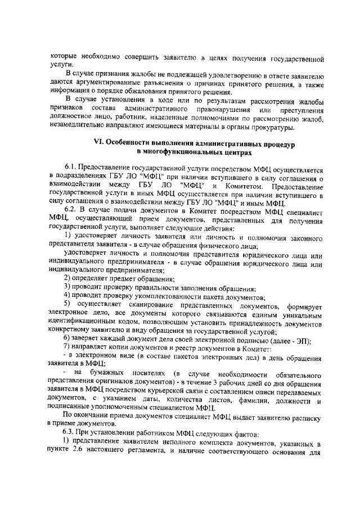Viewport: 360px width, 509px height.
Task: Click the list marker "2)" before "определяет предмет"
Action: pyautogui.click(x=67, y=279)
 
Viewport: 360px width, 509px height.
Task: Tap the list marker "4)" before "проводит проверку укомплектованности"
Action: pyautogui.click(x=67, y=295)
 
